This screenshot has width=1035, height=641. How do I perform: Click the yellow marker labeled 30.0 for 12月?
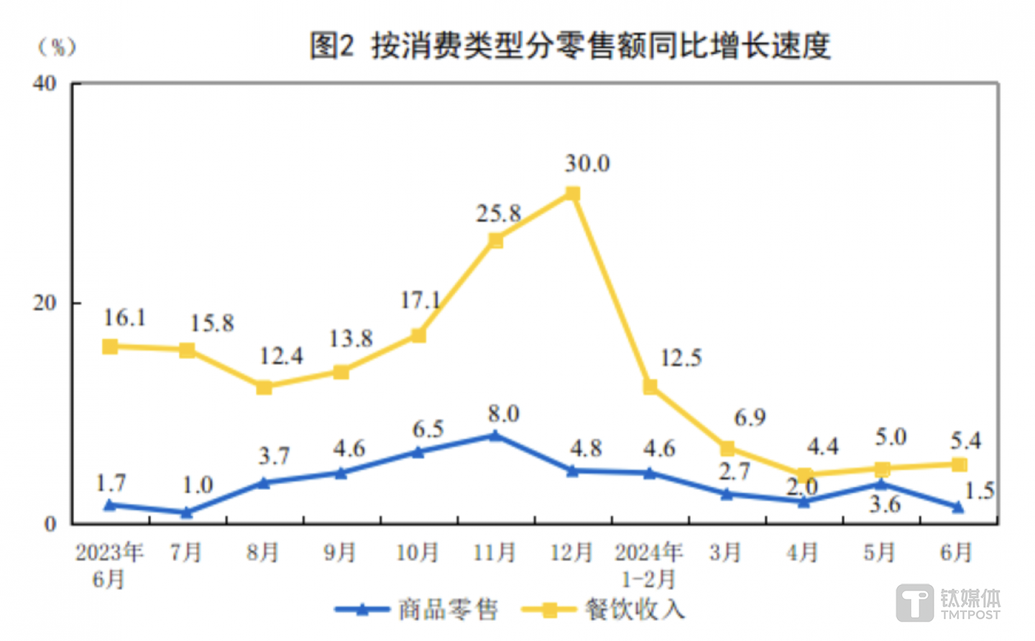point(572,194)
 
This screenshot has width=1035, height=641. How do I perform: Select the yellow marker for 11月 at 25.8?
point(495,240)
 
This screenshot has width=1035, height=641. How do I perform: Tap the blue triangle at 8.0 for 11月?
point(494,435)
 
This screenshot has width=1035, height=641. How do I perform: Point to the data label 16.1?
point(124,317)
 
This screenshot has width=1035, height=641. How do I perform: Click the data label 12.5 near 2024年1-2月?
point(680,358)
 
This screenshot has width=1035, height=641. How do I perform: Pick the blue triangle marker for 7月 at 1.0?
point(187,512)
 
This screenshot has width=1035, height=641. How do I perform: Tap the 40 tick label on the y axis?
point(45,83)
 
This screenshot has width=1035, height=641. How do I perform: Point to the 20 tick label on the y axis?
point(45,303)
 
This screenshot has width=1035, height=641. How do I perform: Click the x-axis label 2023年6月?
point(109,565)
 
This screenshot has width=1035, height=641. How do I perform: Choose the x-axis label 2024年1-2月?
point(648,565)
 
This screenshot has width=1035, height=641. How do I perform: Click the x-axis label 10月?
point(418,553)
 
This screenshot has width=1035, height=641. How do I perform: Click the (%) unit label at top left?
point(57,47)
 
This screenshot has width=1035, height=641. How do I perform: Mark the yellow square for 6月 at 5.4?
point(959,465)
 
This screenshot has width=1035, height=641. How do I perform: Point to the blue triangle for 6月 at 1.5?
point(958,507)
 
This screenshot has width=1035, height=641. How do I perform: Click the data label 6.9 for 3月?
point(750,417)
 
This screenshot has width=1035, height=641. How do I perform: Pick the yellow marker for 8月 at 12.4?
point(264,387)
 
